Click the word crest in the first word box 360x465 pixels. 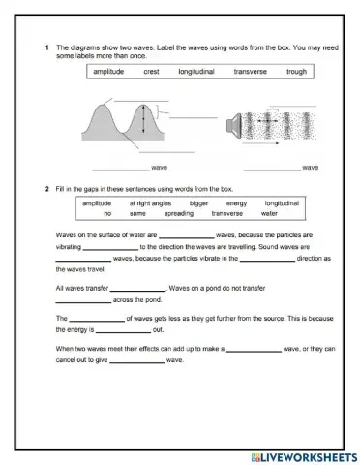[x=152, y=72]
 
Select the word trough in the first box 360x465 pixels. [x=297, y=72]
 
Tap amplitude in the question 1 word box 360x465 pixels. [x=110, y=72]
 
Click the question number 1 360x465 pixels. [x=47, y=46]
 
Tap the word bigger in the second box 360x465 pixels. [x=198, y=203]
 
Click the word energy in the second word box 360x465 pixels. [x=236, y=203]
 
